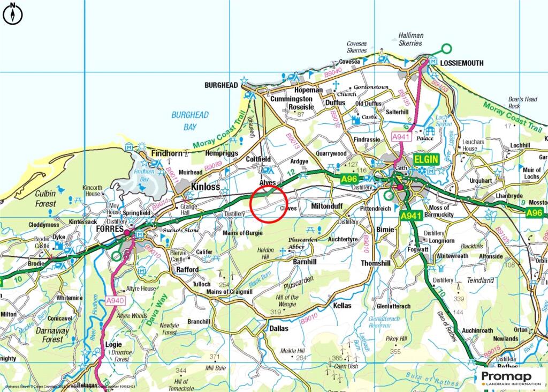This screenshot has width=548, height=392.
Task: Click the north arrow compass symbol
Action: (x=12, y=14)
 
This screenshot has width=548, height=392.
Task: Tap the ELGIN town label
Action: (x=425, y=159)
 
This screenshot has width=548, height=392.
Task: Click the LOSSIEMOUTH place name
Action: (x=461, y=63)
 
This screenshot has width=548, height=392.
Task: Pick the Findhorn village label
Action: (x=167, y=153)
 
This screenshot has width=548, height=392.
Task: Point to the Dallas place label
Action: (x=279, y=328)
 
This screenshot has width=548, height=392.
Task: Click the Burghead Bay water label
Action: (x=190, y=121)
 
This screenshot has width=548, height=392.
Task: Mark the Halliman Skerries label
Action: (x=410, y=39)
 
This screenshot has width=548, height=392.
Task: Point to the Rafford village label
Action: (x=187, y=270)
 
